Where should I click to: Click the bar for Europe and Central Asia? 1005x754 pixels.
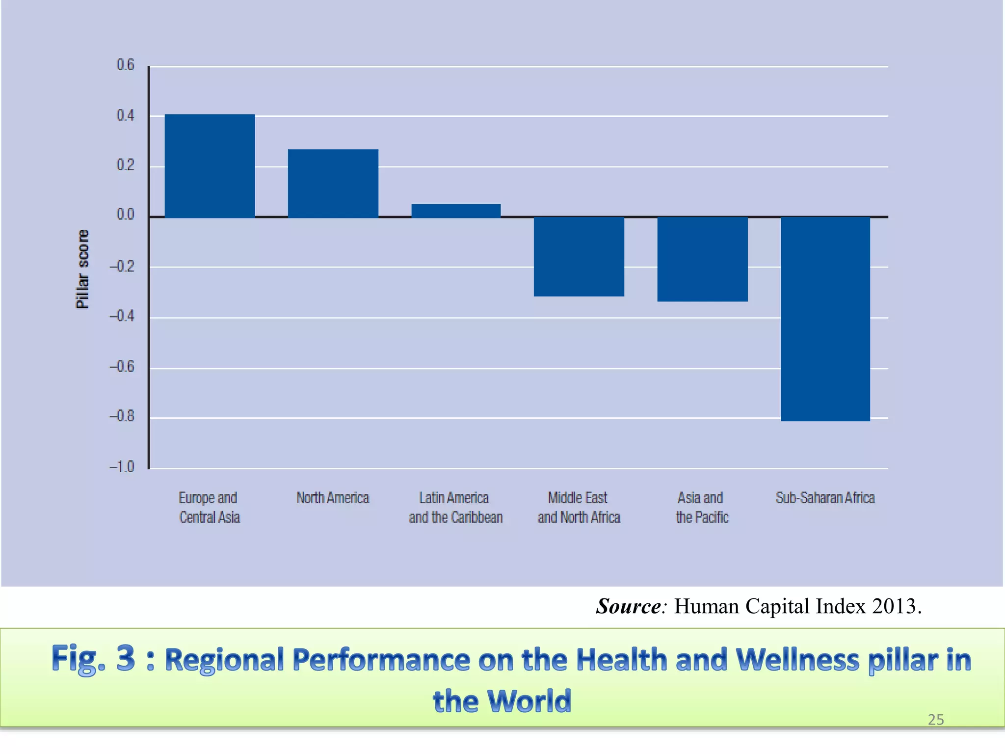point(210,166)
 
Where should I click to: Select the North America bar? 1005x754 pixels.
point(333,183)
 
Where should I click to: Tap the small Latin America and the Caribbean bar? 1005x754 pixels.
point(456,211)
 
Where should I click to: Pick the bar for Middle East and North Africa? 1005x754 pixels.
point(579,256)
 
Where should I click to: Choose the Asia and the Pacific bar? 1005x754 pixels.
point(702,259)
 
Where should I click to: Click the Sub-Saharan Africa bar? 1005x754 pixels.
point(825,319)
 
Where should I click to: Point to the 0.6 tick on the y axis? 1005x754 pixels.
point(125,65)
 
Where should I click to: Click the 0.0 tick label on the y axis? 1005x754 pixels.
point(125,215)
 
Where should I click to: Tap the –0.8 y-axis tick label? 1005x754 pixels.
point(122,416)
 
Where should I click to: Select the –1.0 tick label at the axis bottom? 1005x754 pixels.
point(122,466)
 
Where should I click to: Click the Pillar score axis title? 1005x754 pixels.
point(82,269)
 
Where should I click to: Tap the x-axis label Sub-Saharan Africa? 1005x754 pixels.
point(825,498)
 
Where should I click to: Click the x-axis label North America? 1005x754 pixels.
point(333,498)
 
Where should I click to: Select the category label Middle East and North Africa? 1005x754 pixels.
point(579,508)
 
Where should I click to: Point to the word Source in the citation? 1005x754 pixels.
point(629,607)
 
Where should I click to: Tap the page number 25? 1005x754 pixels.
point(935,720)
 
